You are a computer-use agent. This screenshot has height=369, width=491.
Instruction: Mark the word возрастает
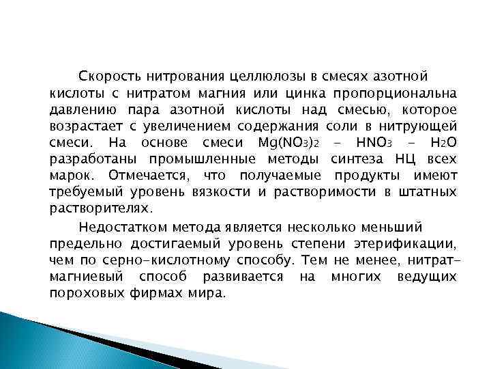point(83,126)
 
